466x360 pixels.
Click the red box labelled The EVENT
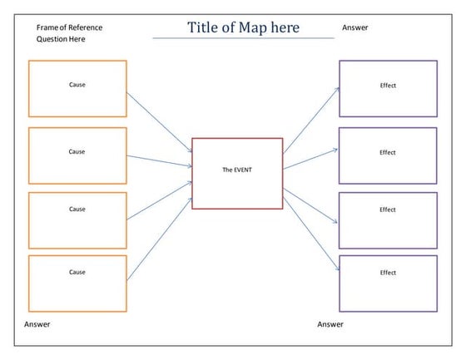[x=237, y=173]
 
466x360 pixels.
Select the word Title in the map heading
[x=205, y=27]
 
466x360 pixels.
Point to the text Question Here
[x=61, y=39]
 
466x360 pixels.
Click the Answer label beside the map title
[x=355, y=27]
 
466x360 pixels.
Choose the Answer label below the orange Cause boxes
[x=37, y=324]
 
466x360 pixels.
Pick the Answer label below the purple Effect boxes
[x=330, y=324]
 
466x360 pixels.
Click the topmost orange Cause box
[x=77, y=88]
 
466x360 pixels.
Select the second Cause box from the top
[x=77, y=155]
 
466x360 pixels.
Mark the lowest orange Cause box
[x=77, y=284]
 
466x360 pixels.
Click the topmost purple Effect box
[x=388, y=88]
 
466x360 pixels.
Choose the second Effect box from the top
[x=388, y=155]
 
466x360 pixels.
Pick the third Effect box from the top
[x=388, y=219]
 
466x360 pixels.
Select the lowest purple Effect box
[x=388, y=283]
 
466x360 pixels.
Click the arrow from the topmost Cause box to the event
[x=159, y=118]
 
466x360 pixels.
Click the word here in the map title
[x=285, y=27]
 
